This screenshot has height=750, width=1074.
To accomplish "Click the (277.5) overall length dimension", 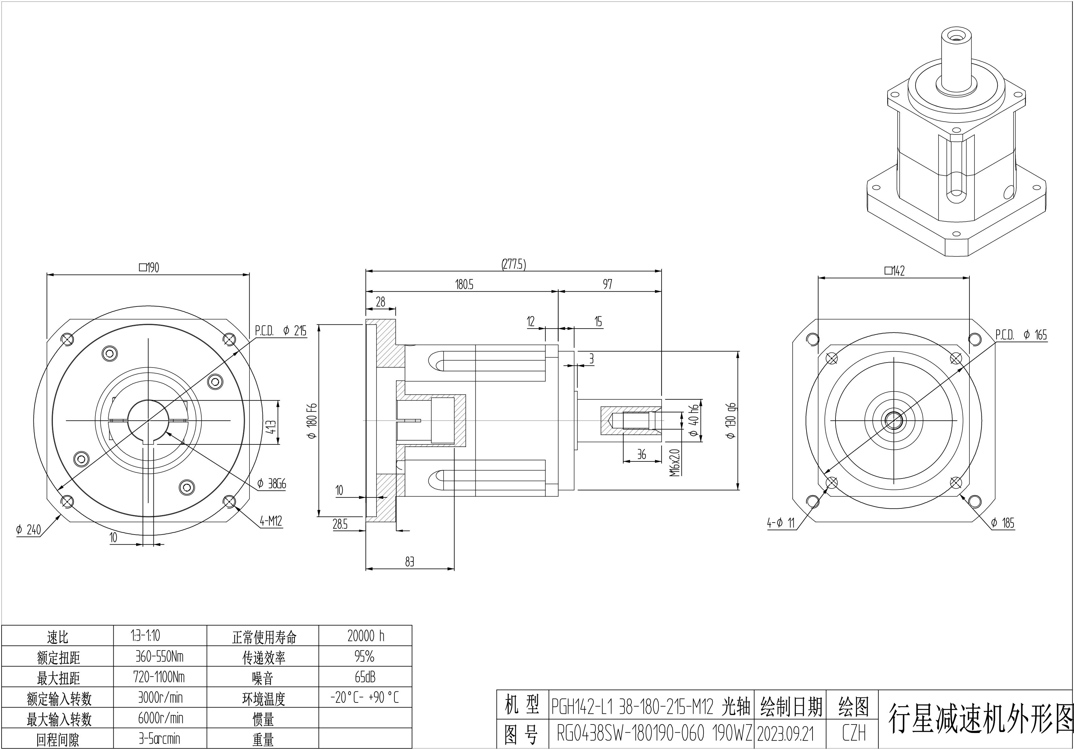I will coord(514,265).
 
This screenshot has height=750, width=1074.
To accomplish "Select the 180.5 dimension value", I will coord(464,284).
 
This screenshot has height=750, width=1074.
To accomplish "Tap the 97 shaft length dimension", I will coord(607,284).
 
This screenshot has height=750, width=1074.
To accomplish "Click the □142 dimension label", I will coord(894,271).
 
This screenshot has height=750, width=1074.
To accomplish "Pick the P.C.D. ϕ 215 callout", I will coord(281,331).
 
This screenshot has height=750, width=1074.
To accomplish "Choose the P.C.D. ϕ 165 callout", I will coord(1021,335).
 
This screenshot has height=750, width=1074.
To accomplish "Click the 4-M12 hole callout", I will coord(271,521).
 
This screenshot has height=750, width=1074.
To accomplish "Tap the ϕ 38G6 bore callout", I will coord(271,484).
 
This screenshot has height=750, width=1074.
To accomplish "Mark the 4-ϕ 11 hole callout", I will coord(781,523).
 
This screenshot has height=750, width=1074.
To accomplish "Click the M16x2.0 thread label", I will coord(674,463).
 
